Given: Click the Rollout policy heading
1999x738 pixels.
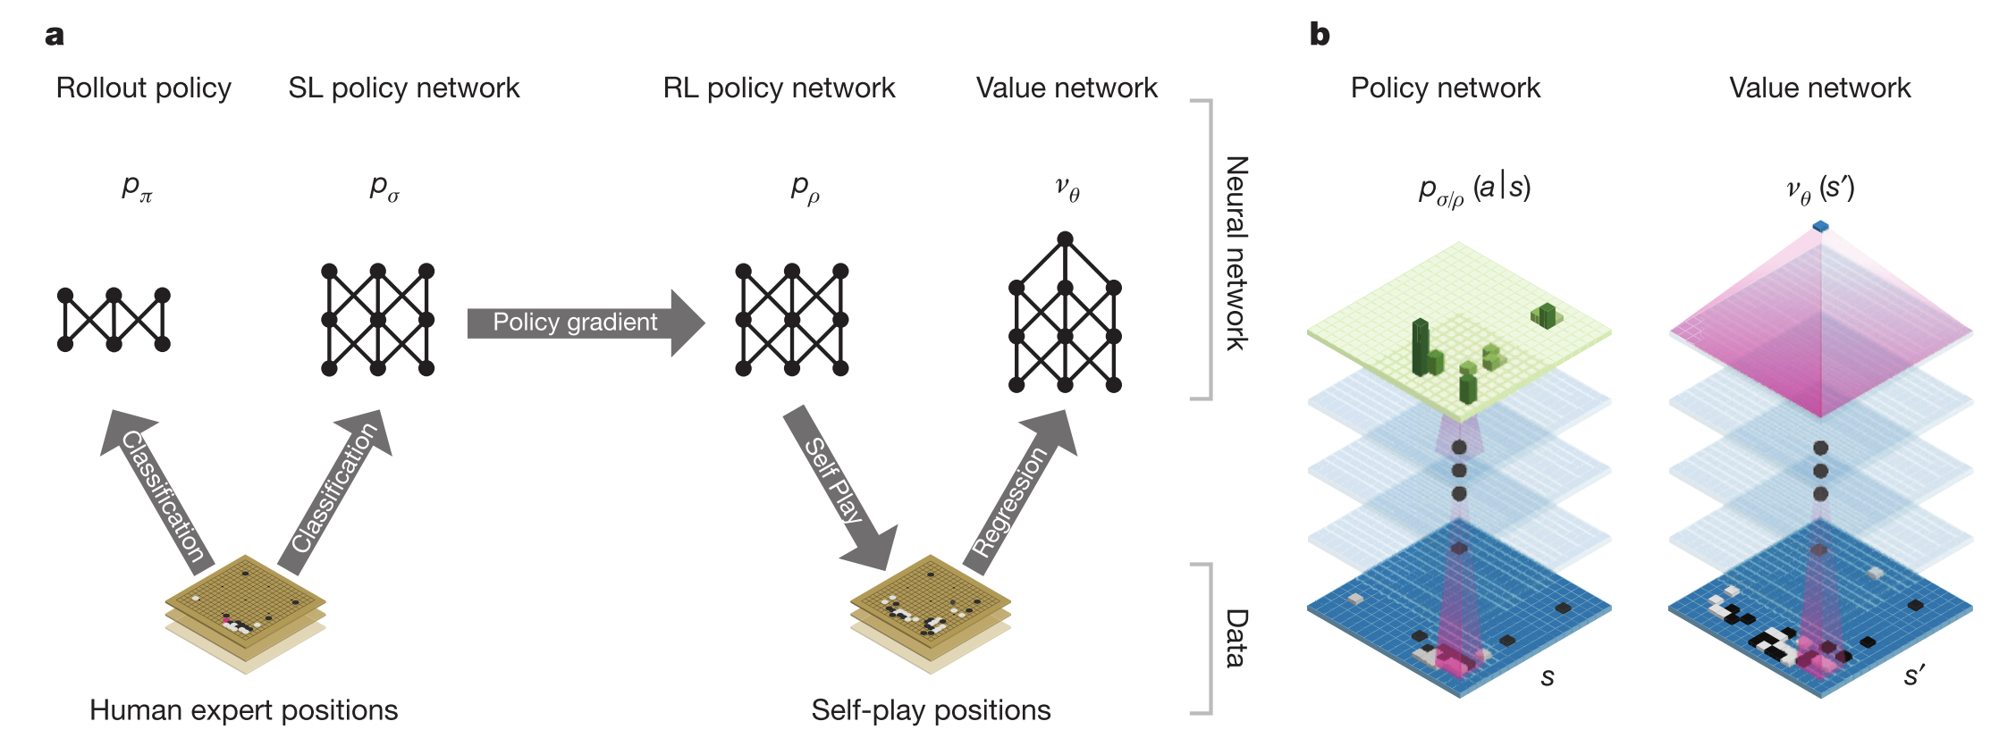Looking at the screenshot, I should (144, 88).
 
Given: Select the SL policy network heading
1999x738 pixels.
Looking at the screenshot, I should (403, 88).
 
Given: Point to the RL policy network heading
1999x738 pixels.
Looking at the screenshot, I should (779, 88).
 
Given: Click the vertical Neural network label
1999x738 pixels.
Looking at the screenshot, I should (1236, 253).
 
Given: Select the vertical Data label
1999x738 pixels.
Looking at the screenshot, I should (1236, 639).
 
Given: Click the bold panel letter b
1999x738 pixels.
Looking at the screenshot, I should (1320, 35).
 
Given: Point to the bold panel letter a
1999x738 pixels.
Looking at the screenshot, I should (55, 36).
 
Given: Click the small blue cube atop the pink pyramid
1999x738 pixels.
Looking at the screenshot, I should (1821, 227).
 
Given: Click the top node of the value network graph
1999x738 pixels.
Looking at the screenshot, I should (1065, 239).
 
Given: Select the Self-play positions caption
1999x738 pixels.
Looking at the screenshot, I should (931, 710).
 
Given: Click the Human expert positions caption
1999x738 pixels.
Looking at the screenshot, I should (244, 710).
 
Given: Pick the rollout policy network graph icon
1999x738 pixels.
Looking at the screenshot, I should (114, 320).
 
